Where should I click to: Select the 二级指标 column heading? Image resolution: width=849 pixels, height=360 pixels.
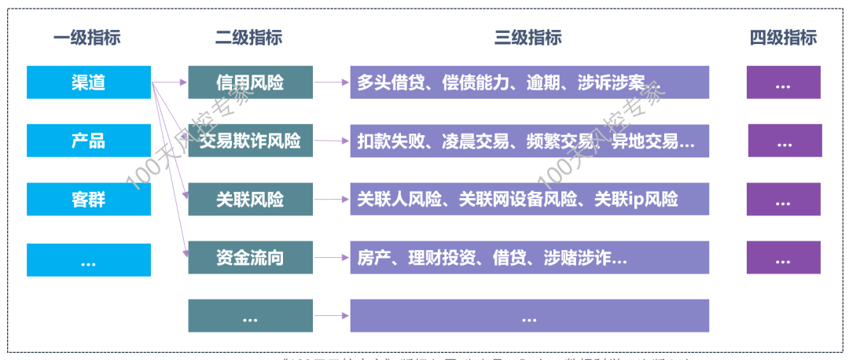pyautogui.click(x=248, y=38)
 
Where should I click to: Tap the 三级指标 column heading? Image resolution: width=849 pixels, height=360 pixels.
pyautogui.click(x=528, y=38)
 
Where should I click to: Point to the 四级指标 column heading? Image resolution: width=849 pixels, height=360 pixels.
pyautogui.click(x=783, y=38)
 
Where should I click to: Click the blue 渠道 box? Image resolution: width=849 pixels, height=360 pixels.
pyautogui.click(x=88, y=83)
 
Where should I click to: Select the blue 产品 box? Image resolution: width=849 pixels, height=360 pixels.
pyautogui.click(x=88, y=141)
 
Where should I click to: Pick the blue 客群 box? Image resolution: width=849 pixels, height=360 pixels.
pyautogui.click(x=88, y=199)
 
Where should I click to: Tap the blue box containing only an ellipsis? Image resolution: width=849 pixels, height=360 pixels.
pyautogui.click(x=88, y=260)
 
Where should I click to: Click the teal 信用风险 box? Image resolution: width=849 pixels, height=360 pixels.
pyautogui.click(x=250, y=83)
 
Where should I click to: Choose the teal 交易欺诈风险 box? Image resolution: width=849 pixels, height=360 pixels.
pyautogui.click(x=250, y=141)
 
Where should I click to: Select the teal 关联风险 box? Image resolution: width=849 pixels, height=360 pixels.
pyautogui.click(x=250, y=199)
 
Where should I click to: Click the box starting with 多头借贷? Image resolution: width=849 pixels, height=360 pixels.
pyautogui.click(x=529, y=83)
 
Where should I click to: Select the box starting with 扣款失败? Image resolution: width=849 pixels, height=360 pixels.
pyautogui.click(x=529, y=141)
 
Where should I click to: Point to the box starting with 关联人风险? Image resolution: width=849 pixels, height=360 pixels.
pyautogui.click(x=529, y=199)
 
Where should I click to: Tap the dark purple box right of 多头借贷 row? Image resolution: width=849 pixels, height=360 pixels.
pyautogui.click(x=783, y=83)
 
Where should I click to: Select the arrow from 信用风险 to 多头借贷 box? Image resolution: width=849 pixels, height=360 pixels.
pyautogui.click(x=331, y=82)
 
